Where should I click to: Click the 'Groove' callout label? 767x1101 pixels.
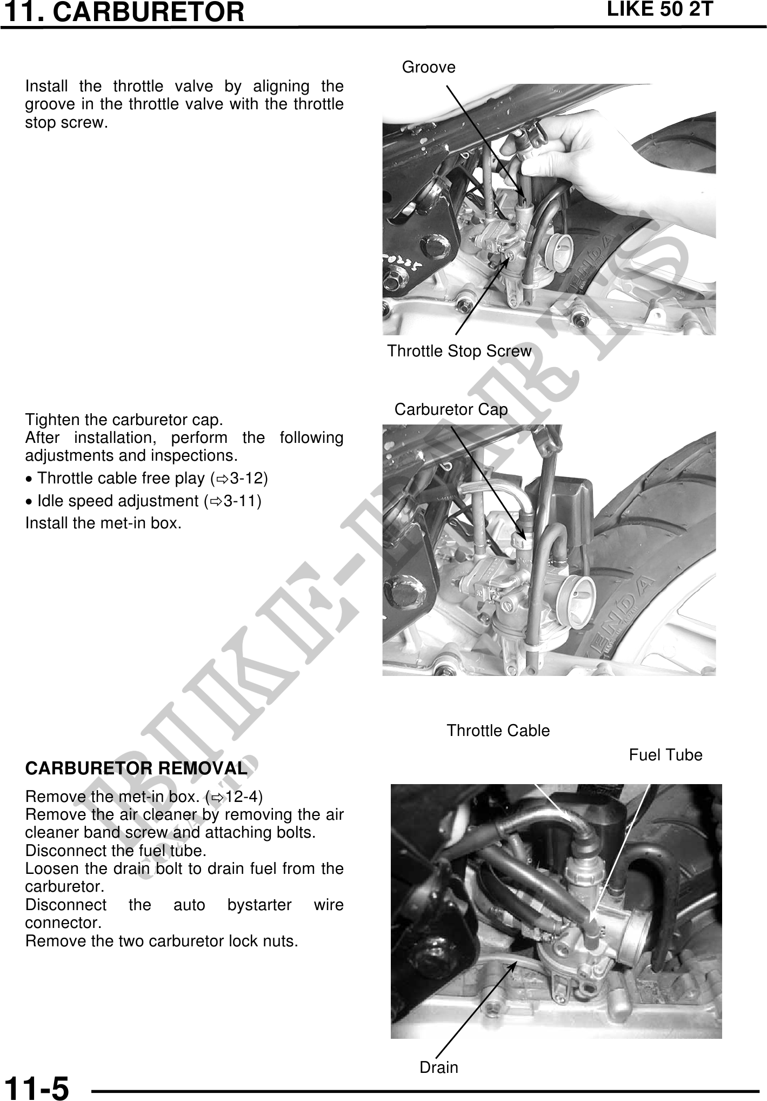tap(429, 68)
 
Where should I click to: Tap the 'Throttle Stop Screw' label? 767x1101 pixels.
tap(459, 351)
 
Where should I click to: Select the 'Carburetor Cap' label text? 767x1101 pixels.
tap(451, 410)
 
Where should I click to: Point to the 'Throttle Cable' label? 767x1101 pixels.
tap(498, 731)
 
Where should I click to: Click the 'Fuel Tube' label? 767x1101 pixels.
tap(666, 755)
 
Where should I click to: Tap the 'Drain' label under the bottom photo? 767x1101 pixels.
tap(439, 1067)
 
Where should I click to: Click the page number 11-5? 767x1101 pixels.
tap(37, 1087)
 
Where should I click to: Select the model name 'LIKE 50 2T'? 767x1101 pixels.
tap(660, 10)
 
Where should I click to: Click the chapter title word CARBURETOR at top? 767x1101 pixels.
tap(149, 12)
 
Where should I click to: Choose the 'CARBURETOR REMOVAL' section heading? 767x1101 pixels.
tap(136, 768)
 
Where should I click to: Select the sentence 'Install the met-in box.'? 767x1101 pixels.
tap(103, 523)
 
